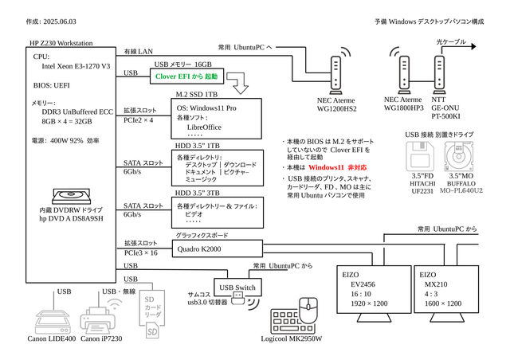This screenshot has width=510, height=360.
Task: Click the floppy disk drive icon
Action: [x=422, y=155]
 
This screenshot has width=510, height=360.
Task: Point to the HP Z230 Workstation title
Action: [x=61, y=43]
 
